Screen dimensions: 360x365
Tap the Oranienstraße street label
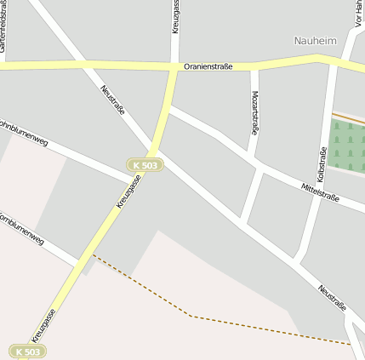(x=208, y=66)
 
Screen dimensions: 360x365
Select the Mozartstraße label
(x=254, y=112)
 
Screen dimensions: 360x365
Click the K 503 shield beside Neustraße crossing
(x=145, y=165)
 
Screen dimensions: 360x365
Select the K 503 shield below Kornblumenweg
(x=27, y=351)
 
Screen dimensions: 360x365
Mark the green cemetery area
(x=347, y=145)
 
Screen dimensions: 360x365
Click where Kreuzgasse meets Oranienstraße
(x=174, y=67)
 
